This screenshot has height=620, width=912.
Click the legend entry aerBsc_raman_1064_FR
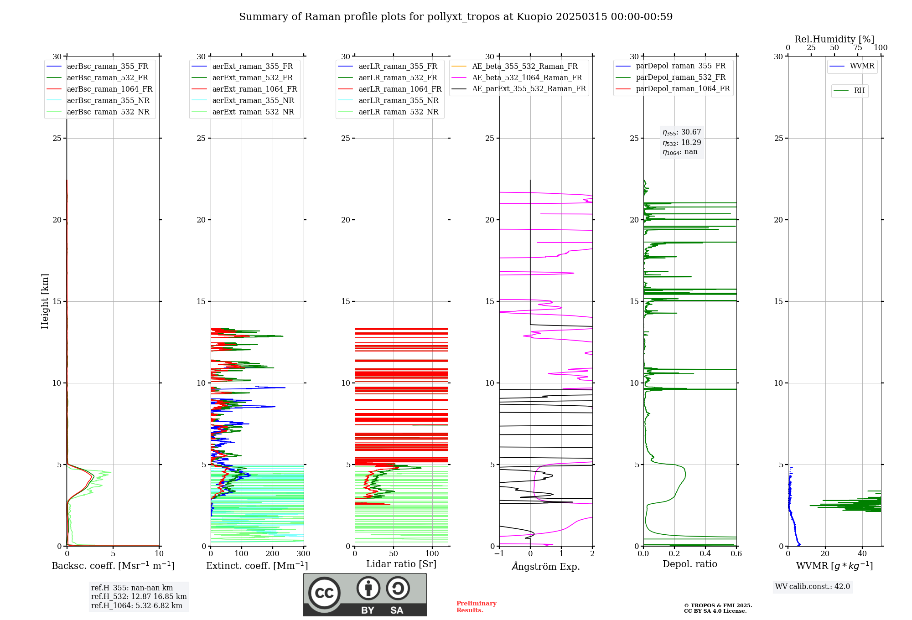[x=109, y=89]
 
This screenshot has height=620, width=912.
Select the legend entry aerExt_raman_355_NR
[x=253, y=101]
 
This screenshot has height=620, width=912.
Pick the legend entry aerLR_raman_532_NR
[x=398, y=112]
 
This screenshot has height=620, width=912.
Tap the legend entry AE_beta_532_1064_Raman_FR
[x=527, y=78]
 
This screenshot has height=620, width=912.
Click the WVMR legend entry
[x=862, y=67]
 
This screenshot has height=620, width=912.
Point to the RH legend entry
[x=859, y=91]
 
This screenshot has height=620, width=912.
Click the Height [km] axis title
[x=45, y=301]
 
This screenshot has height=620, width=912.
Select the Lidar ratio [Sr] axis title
[x=401, y=564]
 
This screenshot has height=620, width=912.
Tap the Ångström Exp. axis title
[x=546, y=567]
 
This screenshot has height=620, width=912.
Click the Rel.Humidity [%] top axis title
[x=834, y=39]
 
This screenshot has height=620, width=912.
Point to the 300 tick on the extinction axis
[x=304, y=554]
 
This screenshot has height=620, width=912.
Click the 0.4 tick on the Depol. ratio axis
[x=705, y=554]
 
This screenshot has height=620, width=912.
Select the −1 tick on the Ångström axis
[x=499, y=554]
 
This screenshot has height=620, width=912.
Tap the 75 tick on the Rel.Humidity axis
[x=858, y=48]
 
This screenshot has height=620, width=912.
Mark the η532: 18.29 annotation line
[x=682, y=143]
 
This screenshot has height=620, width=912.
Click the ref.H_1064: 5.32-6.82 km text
[x=137, y=606]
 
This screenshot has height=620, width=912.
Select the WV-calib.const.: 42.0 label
[x=813, y=587]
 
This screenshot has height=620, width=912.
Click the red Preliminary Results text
[x=476, y=607]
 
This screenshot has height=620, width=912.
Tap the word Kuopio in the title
[x=534, y=17]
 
